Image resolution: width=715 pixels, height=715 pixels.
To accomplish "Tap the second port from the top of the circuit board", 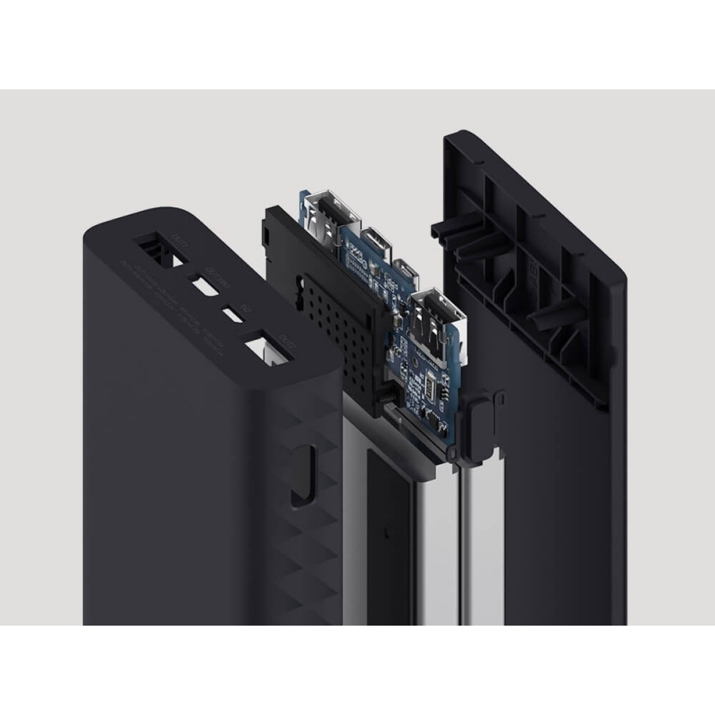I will [x=373, y=241].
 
